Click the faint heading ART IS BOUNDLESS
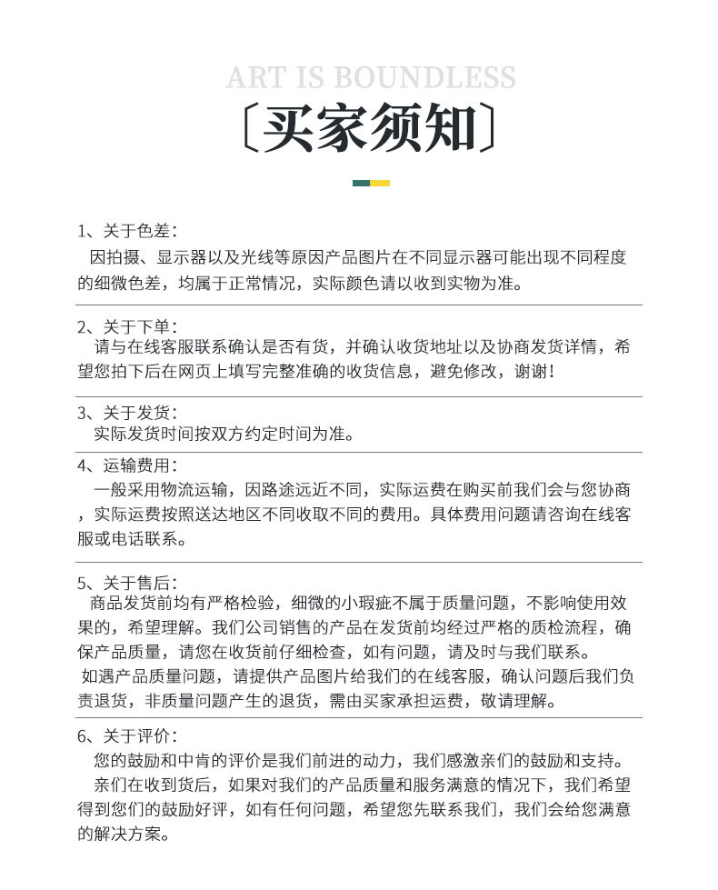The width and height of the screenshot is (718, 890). [371, 76]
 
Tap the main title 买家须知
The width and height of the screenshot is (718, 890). [370, 129]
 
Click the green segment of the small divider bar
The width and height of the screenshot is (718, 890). [361, 183]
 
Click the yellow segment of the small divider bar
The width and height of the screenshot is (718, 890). [380, 183]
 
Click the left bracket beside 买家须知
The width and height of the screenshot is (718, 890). [250, 129]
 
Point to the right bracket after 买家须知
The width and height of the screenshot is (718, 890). [489, 129]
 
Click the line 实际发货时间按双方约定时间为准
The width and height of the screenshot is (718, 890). [224, 435]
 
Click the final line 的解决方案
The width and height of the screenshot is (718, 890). [124, 834]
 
